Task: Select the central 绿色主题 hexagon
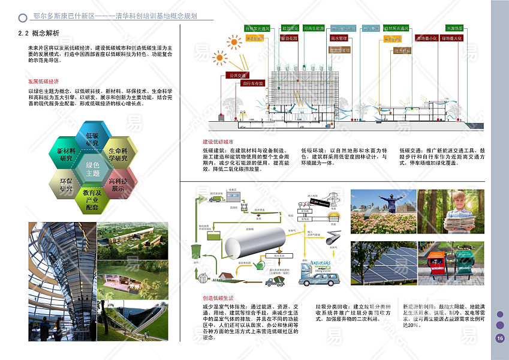92,169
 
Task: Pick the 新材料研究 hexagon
66,154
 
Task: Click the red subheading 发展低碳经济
43,81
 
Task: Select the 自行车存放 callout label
252,83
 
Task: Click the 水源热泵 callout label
454,28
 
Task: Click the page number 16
500,338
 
